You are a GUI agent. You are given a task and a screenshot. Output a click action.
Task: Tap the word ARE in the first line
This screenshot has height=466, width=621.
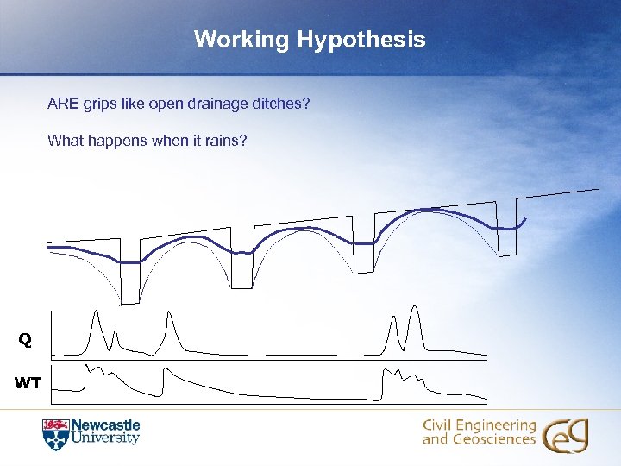(63, 104)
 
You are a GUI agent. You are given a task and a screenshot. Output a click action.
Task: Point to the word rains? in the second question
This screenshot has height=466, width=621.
(226, 140)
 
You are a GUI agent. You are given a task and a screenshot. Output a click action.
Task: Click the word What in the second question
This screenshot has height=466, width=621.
(64, 140)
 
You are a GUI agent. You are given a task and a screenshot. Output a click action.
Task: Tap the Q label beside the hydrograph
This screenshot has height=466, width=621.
(26, 341)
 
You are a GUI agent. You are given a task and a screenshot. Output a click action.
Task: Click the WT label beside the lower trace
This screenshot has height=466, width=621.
(28, 383)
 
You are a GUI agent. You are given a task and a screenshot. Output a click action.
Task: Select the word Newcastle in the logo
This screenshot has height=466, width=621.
(105, 425)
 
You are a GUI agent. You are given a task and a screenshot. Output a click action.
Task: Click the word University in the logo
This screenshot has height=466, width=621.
(105, 438)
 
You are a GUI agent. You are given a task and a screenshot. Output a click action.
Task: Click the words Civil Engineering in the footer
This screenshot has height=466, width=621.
(479, 425)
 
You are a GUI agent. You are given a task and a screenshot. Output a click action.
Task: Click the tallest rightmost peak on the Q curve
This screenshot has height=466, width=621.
(416, 307)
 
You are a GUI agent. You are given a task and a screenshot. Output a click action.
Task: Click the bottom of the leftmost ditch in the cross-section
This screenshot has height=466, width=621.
(129, 302)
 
